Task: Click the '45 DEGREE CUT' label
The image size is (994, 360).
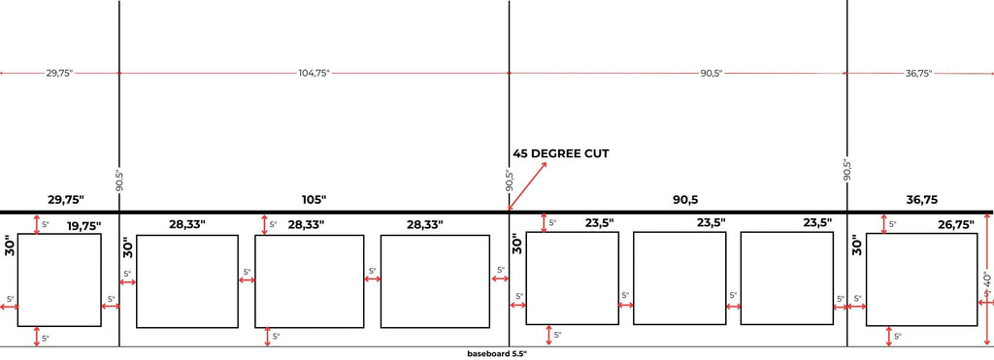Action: pyautogui.click(x=561, y=153)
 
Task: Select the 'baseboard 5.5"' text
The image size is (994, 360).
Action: pyautogui.click(x=496, y=354)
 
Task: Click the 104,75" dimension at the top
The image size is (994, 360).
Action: pyautogui.click(x=315, y=73)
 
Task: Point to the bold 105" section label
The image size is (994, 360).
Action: pyautogui.click(x=314, y=200)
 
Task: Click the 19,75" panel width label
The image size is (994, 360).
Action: pyautogui.click(x=83, y=225)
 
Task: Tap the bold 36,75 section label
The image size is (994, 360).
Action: pyautogui.click(x=921, y=200)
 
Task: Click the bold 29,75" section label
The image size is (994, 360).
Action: pyautogui.click(x=66, y=200)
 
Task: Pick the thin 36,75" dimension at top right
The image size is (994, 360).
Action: pyautogui.click(x=918, y=73)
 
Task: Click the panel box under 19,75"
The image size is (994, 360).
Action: pyautogui.click(x=59, y=280)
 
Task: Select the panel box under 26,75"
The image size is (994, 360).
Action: pyautogui.click(x=921, y=279)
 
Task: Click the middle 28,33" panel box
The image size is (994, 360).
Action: pyautogui.click(x=309, y=281)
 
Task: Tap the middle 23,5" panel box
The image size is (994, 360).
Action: pyautogui.click(x=679, y=278)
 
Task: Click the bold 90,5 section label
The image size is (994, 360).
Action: pyautogui.click(x=685, y=200)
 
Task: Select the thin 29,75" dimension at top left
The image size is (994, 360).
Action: pyautogui.click(x=59, y=73)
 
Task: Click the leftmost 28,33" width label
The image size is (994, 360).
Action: pyautogui.click(x=187, y=224)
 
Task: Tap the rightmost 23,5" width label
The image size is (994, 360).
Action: pyautogui.click(x=817, y=222)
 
